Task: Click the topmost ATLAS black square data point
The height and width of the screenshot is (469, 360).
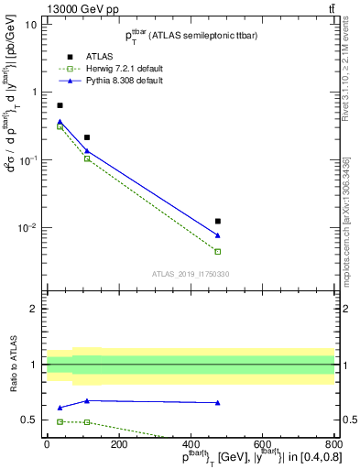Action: tap(60, 105)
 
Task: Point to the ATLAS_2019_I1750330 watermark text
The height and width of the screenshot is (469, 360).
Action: tap(190, 273)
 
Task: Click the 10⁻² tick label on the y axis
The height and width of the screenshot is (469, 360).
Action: tap(27, 227)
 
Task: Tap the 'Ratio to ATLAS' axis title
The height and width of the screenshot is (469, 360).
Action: tap(12, 365)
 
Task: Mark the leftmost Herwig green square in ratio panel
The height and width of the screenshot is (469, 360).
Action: tap(60, 421)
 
